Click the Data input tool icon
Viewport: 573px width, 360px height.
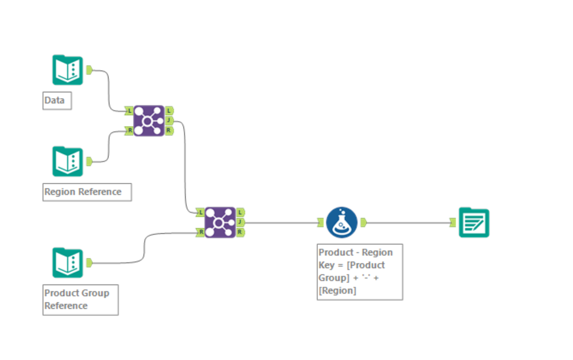(x=68, y=70)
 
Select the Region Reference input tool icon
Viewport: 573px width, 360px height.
(x=68, y=162)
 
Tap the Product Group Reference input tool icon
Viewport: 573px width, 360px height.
(x=68, y=263)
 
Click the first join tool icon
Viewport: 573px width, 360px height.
(x=149, y=120)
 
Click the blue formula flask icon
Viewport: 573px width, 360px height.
(x=342, y=222)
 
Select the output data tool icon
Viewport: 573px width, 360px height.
(x=474, y=222)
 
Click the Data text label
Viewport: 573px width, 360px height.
(x=54, y=101)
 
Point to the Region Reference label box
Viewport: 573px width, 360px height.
(x=87, y=192)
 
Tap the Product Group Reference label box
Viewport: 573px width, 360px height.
(x=80, y=299)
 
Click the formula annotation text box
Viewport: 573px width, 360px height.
(x=360, y=272)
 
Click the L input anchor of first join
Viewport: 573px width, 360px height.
(x=129, y=110)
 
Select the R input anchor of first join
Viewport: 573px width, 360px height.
(x=129, y=131)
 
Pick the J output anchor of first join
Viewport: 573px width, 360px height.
(x=169, y=120)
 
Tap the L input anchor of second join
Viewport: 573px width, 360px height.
(x=200, y=212)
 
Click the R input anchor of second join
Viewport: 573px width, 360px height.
(x=200, y=232)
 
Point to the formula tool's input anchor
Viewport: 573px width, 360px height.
(x=321, y=222)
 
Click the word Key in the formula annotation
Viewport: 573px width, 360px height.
(x=326, y=265)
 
